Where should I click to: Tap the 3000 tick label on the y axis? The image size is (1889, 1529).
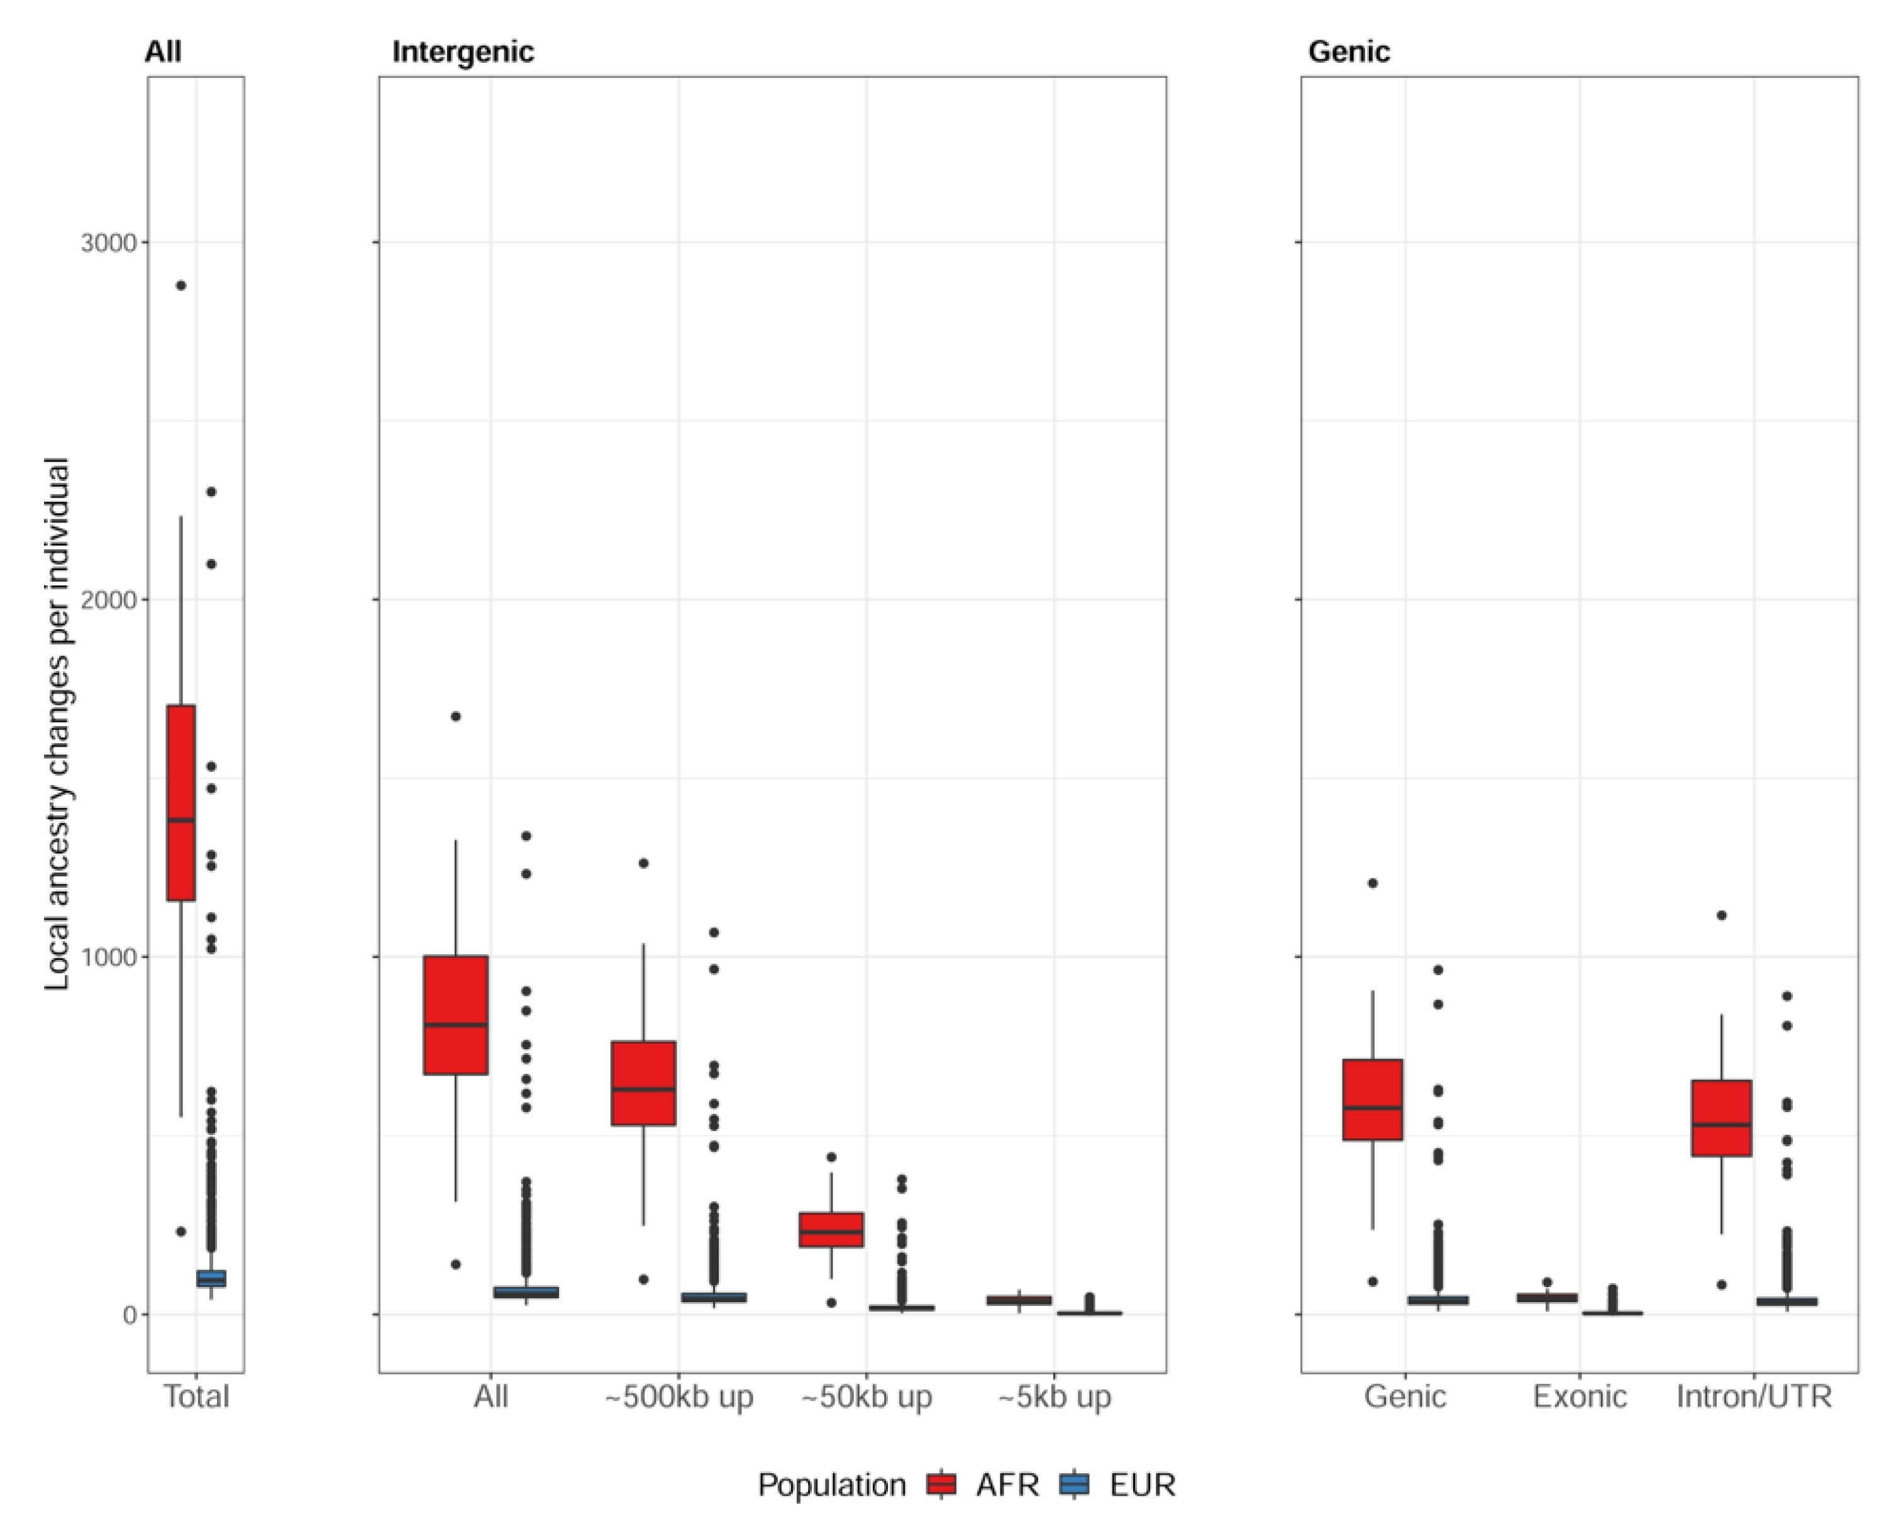coord(108,242)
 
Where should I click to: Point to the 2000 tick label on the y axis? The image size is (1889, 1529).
coord(108,600)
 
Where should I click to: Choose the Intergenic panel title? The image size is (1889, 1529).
coord(463,52)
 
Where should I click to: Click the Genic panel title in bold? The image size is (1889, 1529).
coord(1348,52)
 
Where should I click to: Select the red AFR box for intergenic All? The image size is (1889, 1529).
coord(455,1015)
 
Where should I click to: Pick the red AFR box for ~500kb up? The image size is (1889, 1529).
coord(643,1083)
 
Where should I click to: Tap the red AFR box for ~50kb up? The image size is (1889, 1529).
coord(831,1230)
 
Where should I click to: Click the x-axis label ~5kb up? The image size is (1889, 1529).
coord(1054,1397)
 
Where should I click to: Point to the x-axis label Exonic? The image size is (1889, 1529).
coord(1579,1397)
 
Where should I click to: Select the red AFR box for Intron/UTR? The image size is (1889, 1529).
coord(1720,1118)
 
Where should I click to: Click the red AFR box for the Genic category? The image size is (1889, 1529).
coord(1372,1100)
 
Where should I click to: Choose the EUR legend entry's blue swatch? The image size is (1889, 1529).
coord(1074,1485)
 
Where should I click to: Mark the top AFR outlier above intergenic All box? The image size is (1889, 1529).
coord(455,716)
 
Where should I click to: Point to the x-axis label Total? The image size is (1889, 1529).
coord(196,1397)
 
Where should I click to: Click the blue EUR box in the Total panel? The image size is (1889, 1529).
coord(211,1278)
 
